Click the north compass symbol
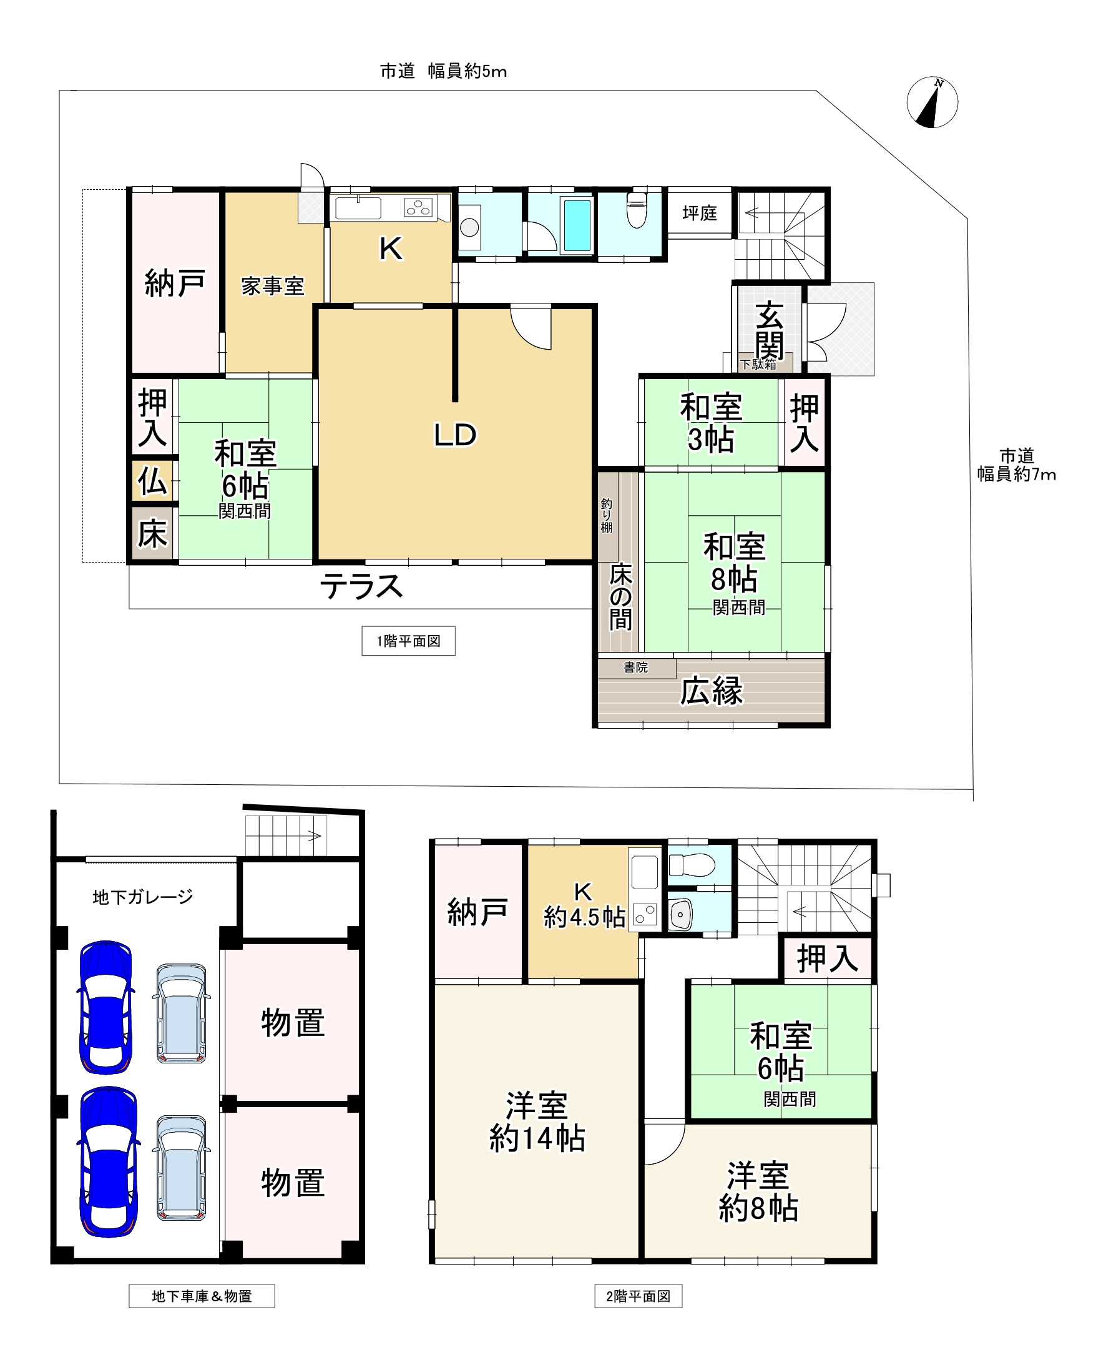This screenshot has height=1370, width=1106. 932,102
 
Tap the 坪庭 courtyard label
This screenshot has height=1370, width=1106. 700,213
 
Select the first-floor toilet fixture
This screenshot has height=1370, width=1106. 637,210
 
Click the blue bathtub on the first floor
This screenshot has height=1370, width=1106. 577,225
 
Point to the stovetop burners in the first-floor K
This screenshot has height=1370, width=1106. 419,207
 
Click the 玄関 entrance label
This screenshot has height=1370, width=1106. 769,332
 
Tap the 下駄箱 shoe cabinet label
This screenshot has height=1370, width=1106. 758,365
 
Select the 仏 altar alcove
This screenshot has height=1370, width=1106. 152,481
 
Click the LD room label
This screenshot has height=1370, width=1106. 455,435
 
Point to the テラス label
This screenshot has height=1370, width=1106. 361,586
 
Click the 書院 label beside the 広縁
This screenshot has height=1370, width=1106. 635,667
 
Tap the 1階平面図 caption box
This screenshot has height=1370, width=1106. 408,641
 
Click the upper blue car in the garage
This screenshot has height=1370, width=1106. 105,1007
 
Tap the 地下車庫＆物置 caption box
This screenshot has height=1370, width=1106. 202,1296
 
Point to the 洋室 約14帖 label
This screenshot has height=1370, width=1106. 537,1122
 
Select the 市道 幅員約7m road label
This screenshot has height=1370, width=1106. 1016,465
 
